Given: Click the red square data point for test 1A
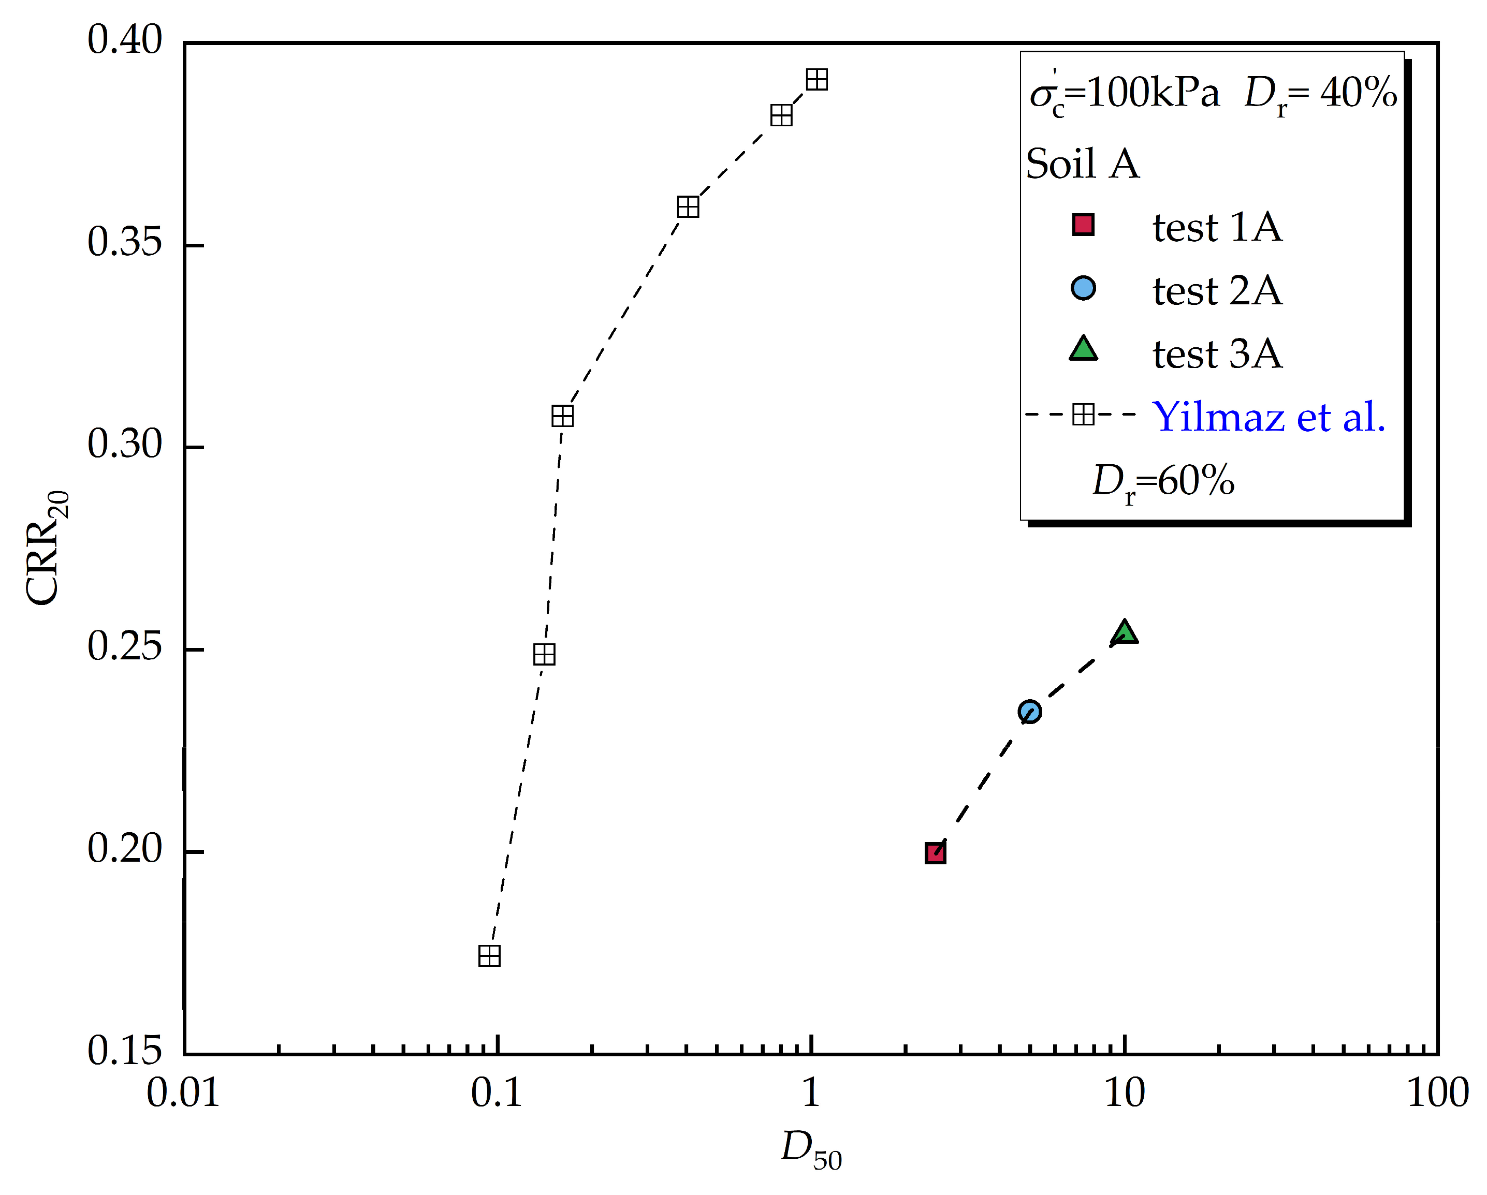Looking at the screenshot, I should pos(935,853).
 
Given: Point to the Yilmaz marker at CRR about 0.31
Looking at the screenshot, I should pos(563,416).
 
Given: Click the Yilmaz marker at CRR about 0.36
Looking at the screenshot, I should pos(688,207).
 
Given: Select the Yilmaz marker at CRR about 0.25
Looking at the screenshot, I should pos(545,654).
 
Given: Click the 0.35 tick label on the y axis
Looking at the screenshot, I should pos(124,243).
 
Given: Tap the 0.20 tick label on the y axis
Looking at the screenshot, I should pos(124,849).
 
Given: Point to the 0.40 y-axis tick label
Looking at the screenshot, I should pos(124,40).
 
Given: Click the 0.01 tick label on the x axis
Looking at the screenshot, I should pos(183,1094).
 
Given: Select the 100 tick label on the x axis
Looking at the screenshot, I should pos(1438,1094).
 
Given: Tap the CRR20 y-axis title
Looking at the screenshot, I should pos(47,548).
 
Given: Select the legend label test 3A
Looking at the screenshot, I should pos(1217,355).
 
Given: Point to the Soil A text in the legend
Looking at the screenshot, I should pos(1083,164).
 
